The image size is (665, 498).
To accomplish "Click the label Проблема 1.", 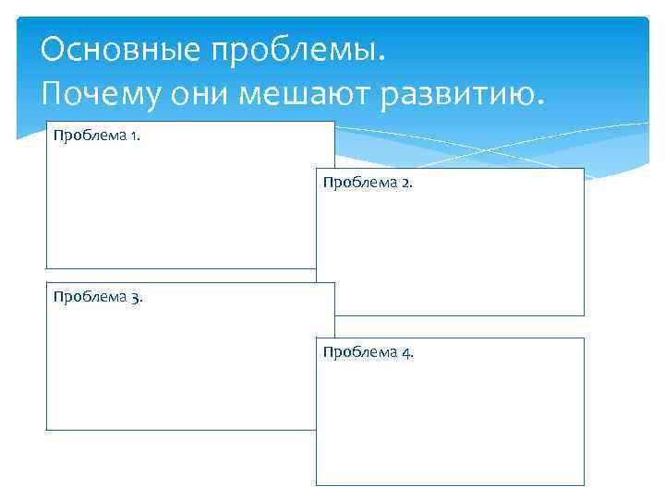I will [97, 136].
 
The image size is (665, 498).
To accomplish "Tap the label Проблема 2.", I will [368, 183].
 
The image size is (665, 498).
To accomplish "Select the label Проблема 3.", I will [98, 297].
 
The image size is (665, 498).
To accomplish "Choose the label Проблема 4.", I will [368, 352].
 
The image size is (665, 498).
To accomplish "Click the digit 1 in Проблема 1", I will [135, 136].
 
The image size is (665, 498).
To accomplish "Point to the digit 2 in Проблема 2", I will [406, 183].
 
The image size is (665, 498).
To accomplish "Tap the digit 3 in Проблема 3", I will [136, 298].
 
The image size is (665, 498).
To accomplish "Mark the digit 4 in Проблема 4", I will [406, 352].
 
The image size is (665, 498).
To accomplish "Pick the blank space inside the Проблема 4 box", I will [453, 424].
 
